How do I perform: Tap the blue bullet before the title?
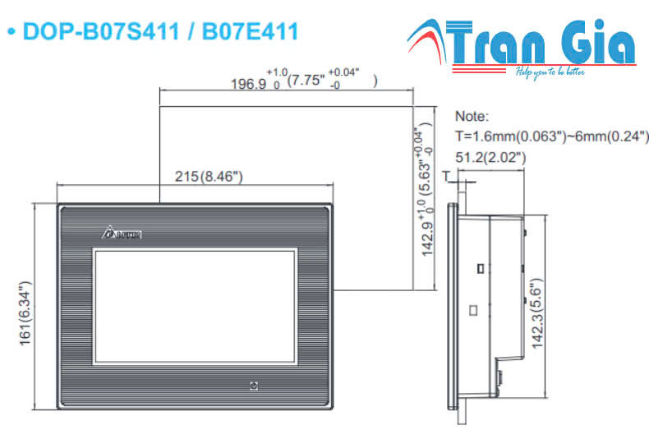point(12,33)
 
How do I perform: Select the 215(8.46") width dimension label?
point(209,177)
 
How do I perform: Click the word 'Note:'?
point(471,117)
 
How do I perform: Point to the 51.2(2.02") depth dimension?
point(490,157)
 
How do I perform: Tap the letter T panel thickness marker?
point(446,176)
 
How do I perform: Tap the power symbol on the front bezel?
point(254,385)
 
